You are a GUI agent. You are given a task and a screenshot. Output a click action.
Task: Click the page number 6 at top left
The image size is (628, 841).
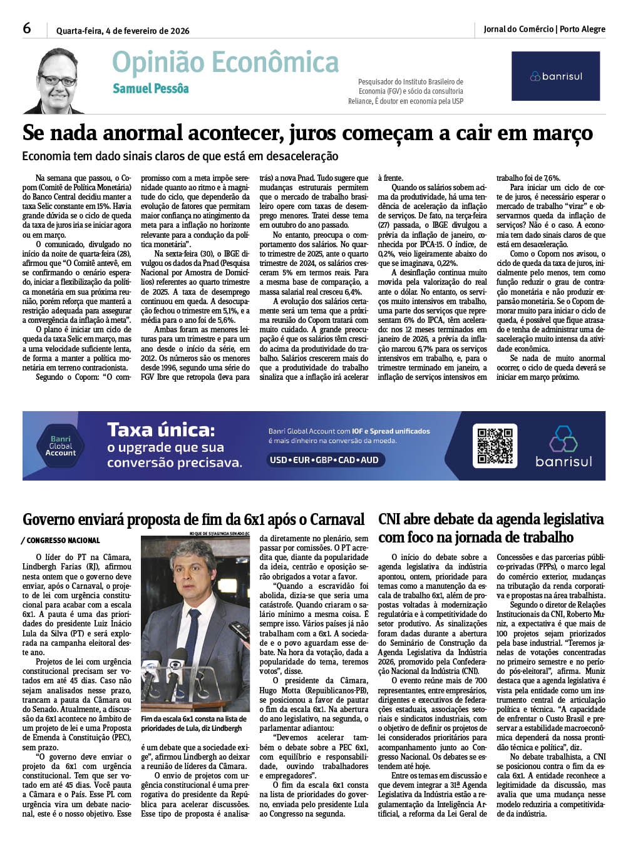[27, 28]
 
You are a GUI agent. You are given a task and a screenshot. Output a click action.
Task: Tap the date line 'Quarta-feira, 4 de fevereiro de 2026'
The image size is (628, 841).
[123, 31]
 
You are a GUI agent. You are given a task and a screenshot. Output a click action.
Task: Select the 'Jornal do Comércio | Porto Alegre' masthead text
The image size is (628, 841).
[544, 29]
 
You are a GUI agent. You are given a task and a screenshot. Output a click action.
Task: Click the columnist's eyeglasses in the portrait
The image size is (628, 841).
[57, 81]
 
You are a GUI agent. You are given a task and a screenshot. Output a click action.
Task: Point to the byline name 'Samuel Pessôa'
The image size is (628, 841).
[150, 88]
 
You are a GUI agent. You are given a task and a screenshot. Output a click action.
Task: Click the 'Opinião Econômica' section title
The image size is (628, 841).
[225, 63]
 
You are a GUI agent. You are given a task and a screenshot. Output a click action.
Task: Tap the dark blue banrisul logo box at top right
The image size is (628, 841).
[555, 76]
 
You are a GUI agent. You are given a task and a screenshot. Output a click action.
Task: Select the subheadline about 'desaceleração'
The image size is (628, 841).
[180, 156]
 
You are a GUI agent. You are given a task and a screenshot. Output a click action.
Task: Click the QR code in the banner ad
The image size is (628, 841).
[494, 445]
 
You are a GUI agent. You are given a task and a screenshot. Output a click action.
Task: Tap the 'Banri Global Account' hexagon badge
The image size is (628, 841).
[61, 446]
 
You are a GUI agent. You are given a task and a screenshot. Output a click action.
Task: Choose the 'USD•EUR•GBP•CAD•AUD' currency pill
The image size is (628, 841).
[324, 460]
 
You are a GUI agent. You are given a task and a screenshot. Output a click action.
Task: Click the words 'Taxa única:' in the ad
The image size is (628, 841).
[161, 430]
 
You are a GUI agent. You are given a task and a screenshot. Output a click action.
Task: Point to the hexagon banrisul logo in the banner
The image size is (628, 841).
[563, 439]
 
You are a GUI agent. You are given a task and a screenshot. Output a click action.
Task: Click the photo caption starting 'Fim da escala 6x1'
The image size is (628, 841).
[193, 724]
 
